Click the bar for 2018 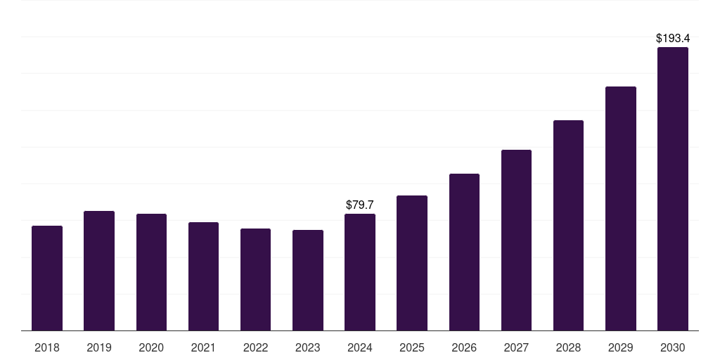pos(47,278)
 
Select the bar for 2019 pos(99,271)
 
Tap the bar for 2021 pos(203,276)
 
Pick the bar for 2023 pos(308,280)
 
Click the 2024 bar pos(360,272)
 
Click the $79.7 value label pos(360,205)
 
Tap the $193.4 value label pos(673,38)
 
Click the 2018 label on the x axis pos(47,347)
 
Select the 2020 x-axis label pos(151,347)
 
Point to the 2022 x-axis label pos(255,347)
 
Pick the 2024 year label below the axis pos(360,347)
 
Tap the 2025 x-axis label pos(412,347)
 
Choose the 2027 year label pos(516,347)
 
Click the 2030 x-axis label pos(673,347)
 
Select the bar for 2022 pos(255,279)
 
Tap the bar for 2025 pos(412,263)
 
